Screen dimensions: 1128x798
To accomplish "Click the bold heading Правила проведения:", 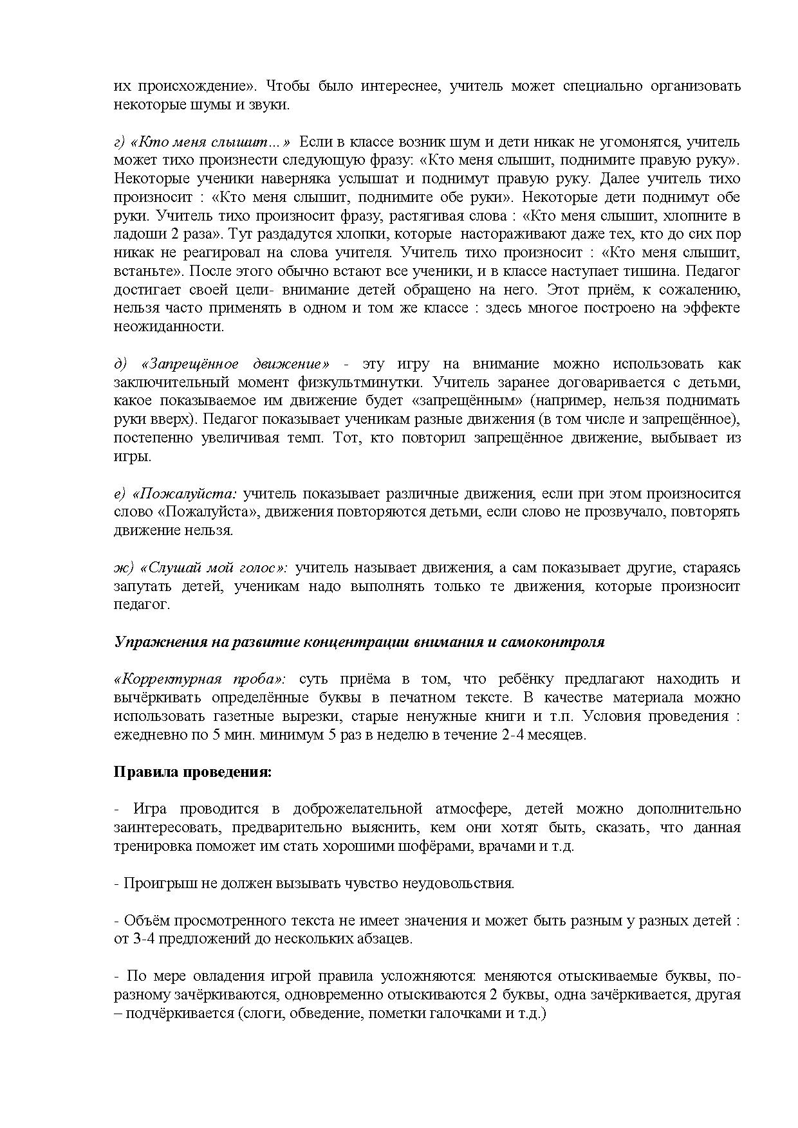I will [x=193, y=772].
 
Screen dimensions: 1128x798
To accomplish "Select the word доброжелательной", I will [x=357, y=809].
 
